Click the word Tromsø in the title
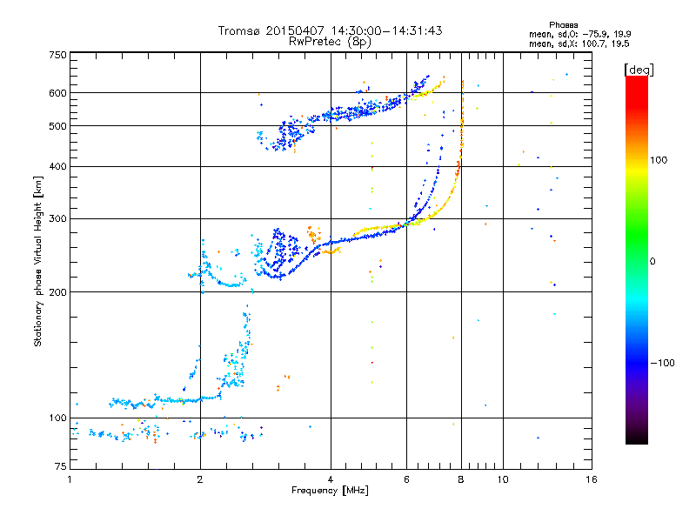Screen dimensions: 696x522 240,30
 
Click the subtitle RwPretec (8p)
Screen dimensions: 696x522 330,42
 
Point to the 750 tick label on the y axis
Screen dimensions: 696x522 57,55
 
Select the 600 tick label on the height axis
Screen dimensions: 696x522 57,93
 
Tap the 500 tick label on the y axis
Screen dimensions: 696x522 57,126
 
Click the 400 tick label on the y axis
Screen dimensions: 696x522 57,166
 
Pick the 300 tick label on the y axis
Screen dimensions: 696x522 57,218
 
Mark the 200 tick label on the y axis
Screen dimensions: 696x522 57,292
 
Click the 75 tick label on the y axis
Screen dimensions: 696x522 61,466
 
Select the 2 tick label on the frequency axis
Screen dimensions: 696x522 200,479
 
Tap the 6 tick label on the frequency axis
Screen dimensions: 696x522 406,479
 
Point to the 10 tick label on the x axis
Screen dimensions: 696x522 503,479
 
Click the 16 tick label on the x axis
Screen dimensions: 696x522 592,479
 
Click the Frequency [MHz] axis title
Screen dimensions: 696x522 330,491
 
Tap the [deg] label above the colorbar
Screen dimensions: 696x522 639,70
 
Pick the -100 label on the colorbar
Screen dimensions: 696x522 662,363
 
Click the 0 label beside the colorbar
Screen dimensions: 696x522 652,262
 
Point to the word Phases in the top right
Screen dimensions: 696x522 563,25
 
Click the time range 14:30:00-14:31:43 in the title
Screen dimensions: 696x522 386,30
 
